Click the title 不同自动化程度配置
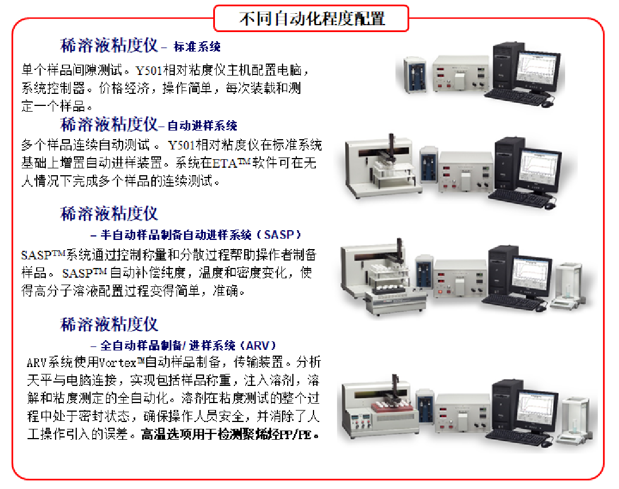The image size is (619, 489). click(311, 18)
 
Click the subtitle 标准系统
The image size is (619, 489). click(197, 47)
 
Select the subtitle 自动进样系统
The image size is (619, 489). click(202, 126)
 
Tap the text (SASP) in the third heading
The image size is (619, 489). click(279, 235)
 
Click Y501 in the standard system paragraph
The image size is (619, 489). click(149, 70)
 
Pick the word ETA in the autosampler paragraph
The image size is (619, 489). click(225, 163)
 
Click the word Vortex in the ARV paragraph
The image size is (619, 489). click(117, 362)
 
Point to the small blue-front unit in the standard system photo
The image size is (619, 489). click(414, 74)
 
